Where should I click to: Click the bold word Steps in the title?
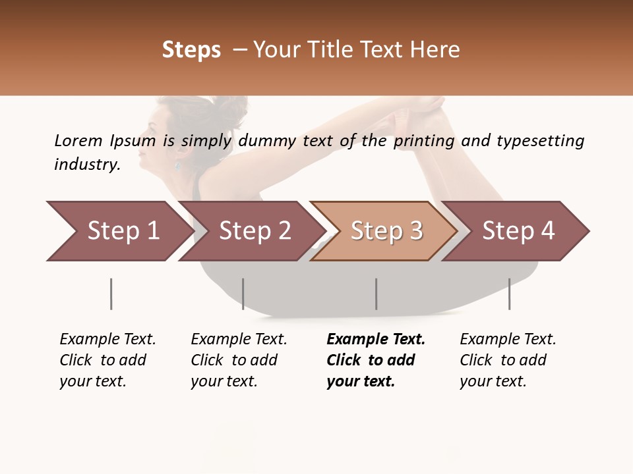191,50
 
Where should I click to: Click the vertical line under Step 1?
111,294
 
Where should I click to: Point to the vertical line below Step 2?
243,294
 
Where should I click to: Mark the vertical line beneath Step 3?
377,294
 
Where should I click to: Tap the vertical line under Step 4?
509,294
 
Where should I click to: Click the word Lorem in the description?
78,140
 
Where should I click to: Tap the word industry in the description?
86,164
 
